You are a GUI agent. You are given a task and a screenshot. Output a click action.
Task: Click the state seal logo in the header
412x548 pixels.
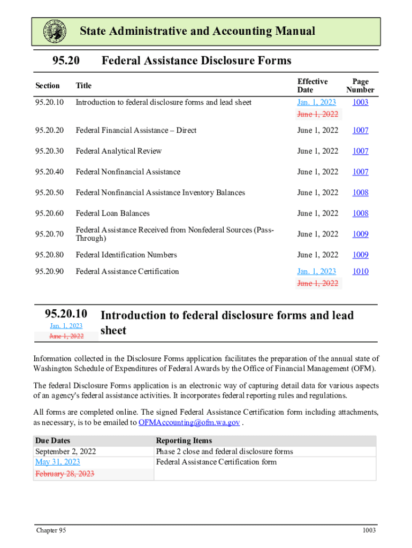[55, 32]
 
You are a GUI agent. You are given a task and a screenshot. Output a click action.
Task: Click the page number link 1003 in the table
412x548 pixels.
[360, 102]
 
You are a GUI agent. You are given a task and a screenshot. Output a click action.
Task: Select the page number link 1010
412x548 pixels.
[360, 271]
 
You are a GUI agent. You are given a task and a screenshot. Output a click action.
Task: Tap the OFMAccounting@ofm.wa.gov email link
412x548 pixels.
[189, 422]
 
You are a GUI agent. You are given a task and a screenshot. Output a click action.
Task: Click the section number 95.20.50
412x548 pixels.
[49, 193]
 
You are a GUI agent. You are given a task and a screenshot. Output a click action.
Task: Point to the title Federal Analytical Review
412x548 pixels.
[118, 151]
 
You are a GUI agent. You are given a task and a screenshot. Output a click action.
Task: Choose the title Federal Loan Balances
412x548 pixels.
[112, 214]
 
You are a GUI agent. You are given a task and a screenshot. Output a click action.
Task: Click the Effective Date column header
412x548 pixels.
[312, 86]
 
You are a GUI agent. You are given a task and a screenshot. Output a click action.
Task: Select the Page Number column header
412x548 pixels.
[360, 86]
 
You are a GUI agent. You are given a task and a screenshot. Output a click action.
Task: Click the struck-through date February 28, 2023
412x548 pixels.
[65, 474]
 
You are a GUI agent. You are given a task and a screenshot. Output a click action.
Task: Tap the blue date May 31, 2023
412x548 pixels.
[57, 462]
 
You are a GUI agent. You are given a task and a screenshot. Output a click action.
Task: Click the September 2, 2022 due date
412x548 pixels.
[65, 451]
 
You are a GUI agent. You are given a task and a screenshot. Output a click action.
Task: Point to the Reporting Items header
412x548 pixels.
[184, 440]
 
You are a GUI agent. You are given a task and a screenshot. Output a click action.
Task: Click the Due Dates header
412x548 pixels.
[52, 440]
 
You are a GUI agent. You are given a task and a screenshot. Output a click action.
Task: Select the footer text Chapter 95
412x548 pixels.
[51, 530]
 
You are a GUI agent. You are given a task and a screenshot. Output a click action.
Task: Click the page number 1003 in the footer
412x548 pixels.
[369, 530]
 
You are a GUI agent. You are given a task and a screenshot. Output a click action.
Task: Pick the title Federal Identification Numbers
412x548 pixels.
[126, 255]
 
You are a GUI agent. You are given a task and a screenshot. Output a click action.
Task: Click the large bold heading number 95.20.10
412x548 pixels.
[66, 314]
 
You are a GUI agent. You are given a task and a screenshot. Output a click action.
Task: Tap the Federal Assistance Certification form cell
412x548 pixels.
[216, 462]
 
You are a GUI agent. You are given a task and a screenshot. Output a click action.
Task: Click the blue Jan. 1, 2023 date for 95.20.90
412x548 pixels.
[317, 271]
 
